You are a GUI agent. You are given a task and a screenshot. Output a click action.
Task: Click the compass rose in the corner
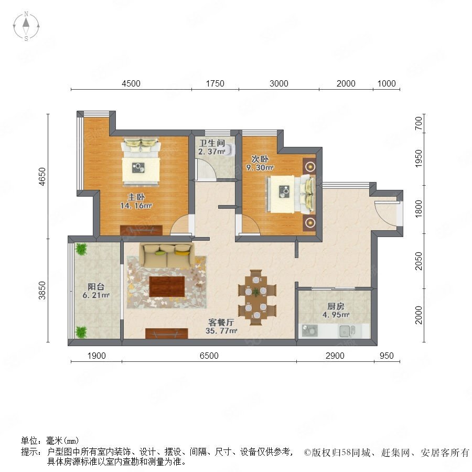(26, 26)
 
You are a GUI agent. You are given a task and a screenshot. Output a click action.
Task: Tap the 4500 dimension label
(131, 83)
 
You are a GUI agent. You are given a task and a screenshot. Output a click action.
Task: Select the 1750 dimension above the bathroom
(215, 83)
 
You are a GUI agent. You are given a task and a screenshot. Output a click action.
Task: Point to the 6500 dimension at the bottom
(209, 356)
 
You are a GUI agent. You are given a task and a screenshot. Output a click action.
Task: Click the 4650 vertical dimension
(42, 176)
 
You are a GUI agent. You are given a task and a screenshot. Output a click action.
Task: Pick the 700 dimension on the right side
(419, 123)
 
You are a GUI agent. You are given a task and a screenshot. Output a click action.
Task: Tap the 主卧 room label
(136, 197)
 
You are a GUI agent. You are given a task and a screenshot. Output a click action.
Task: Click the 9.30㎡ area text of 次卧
(260, 167)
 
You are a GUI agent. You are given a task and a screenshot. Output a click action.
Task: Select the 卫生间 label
(212, 143)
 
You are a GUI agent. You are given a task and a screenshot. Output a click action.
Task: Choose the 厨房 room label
(336, 306)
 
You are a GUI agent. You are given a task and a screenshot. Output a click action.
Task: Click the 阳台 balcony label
(96, 286)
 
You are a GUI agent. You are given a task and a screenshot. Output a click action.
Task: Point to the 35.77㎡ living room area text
(221, 331)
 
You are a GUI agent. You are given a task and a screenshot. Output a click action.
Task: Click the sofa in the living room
(166, 255)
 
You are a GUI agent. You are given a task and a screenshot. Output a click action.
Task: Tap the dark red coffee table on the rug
(167, 286)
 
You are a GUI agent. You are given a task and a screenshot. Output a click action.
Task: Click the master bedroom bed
(141, 162)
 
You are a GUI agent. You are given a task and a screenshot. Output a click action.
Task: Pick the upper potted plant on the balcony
(81, 249)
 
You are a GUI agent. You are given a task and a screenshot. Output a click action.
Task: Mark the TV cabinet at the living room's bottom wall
(166, 334)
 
